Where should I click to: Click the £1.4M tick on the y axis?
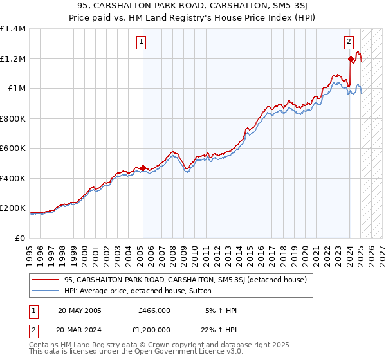pos(13,29)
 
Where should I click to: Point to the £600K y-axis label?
pos(13,148)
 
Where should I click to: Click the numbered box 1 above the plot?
pos(141,42)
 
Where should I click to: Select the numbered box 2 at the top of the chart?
pos(349,42)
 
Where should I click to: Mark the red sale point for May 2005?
pos(143,168)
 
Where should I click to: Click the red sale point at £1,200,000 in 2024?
pos(351,59)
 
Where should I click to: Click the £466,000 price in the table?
pos(154,310)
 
